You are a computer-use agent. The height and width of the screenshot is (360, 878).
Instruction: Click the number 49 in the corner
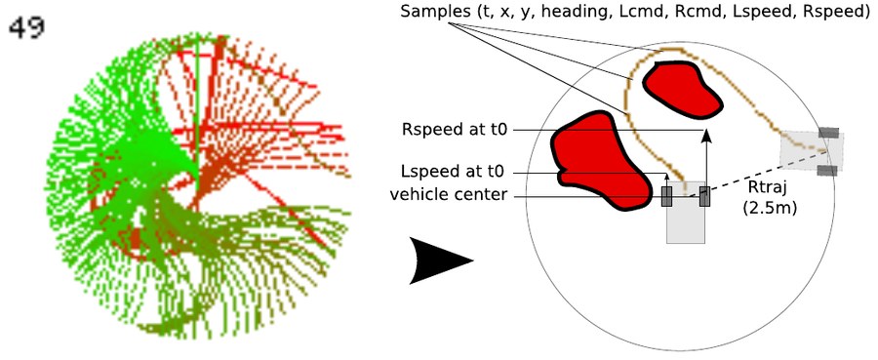pyautogui.click(x=27, y=27)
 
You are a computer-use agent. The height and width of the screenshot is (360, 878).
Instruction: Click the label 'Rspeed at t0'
pyautogui.click(x=454, y=131)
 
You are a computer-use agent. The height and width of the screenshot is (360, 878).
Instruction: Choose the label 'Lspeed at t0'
pyautogui.click(x=454, y=171)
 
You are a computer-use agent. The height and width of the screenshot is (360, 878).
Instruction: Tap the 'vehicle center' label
pyautogui.click(x=448, y=195)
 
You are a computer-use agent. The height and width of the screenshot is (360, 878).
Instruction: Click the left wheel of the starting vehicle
pyautogui.click(x=667, y=196)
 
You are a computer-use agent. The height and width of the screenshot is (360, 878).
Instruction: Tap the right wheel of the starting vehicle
pyautogui.click(x=705, y=196)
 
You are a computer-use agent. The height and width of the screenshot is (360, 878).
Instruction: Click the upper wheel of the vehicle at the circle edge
pyautogui.click(x=828, y=133)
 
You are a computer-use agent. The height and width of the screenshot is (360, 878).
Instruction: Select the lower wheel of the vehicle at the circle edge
pyautogui.click(x=828, y=171)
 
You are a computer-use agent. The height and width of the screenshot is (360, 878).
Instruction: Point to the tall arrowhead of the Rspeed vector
pyautogui.click(x=706, y=136)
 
